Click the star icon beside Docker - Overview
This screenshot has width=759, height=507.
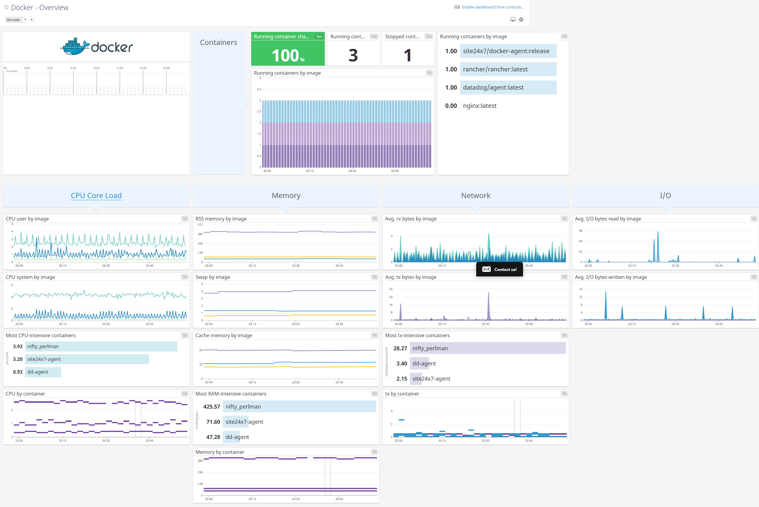[x=6, y=7]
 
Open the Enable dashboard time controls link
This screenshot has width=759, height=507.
[x=492, y=7]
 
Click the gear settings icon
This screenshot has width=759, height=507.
[x=521, y=19]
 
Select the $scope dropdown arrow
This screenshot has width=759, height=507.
[x=32, y=20]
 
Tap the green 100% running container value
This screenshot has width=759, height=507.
[x=288, y=55]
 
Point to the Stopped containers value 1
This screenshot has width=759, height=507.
[x=407, y=55]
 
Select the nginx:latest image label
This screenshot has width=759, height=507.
[x=479, y=106]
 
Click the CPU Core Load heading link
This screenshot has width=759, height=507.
[x=96, y=196]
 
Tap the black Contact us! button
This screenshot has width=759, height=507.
[x=499, y=269]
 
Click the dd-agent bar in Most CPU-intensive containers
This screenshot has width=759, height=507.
[x=42, y=372]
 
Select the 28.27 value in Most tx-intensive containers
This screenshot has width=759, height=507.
[x=400, y=348]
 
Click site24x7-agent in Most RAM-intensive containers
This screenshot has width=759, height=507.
[x=244, y=422]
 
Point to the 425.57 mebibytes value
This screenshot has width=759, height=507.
[x=211, y=406]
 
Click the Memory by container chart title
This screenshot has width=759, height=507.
[x=220, y=452]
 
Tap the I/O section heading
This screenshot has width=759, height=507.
[x=665, y=196]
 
